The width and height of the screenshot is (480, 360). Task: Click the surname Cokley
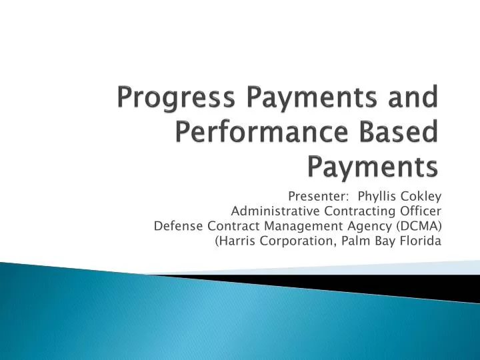[x=421, y=197]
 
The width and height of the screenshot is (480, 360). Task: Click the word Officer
[x=421, y=211]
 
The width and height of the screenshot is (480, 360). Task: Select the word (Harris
[x=234, y=241]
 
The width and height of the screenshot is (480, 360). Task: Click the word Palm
[x=354, y=241]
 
